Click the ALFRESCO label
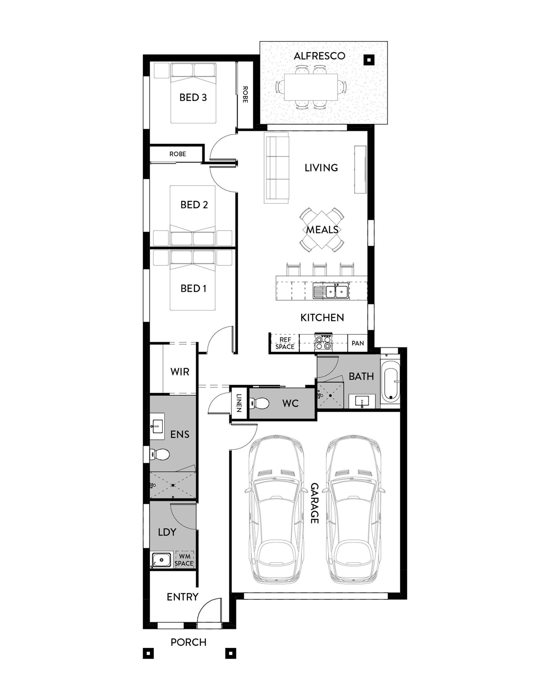[x=319, y=56]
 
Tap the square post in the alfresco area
[x=369, y=59]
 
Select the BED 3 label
[x=193, y=97]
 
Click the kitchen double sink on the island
[x=330, y=292]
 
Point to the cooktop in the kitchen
[x=323, y=342]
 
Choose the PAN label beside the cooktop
[x=358, y=343]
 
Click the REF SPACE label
[x=285, y=343]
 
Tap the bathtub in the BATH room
[x=390, y=381]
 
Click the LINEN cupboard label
[x=239, y=403]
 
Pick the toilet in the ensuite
[x=160, y=455]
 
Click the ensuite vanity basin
[x=157, y=428]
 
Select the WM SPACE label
[x=184, y=560]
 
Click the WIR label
[x=180, y=372]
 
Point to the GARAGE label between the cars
[x=315, y=503]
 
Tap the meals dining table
[x=322, y=229]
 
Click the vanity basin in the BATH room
[x=362, y=401]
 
